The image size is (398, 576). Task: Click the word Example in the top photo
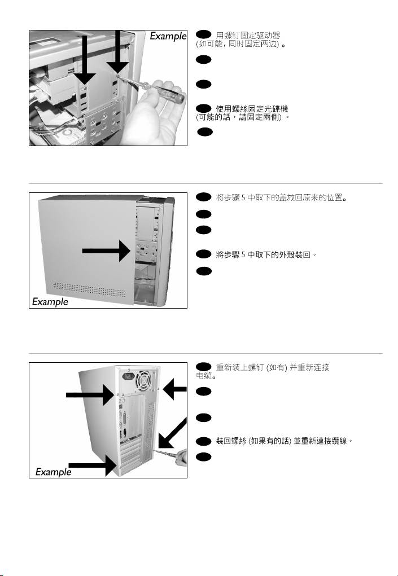168,36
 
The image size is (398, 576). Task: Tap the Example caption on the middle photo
50,301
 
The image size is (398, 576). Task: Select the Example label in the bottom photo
54,471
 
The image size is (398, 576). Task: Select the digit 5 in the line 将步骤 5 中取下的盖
242,198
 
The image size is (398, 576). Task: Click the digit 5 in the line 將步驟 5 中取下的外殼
242,255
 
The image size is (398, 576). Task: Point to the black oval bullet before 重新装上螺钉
203,367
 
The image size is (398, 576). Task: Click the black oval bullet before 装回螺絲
203,440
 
